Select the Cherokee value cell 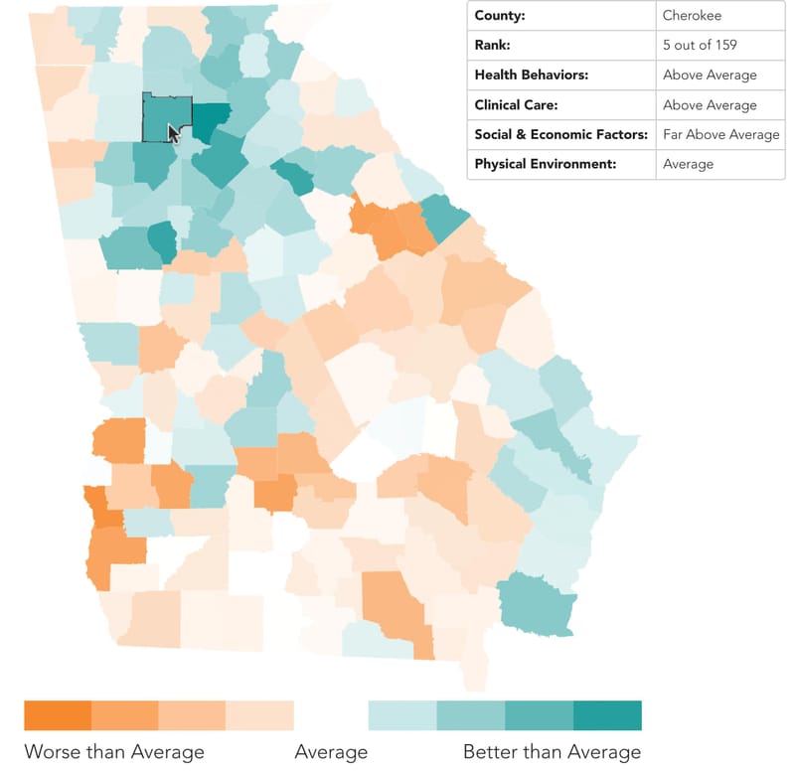point(693,16)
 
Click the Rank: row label point(494,45)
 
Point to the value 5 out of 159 point(701,45)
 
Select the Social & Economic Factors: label point(561,134)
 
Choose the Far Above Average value point(720,134)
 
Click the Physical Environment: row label point(546,164)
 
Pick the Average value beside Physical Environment point(688,164)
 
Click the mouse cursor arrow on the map point(174,133)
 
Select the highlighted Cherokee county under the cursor point(159,115)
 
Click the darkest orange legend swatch point(58,715)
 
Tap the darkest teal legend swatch point(607,715)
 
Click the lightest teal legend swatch point(402,715)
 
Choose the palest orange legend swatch point(259,715)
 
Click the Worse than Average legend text point(114,751)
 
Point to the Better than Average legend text point(552,751)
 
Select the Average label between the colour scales point(331,751)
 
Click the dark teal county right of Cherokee point(211,119)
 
